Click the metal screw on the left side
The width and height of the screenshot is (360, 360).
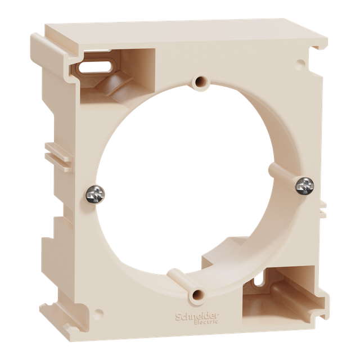(x=95, y=195)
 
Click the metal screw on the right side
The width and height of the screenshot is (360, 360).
(x=305, y=186)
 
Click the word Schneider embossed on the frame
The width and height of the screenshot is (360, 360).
(x=197, y=316)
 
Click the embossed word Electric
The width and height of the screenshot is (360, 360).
(x=206, y=322)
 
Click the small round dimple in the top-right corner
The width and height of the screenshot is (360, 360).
(x=300, y=62)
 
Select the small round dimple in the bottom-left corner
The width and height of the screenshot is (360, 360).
(x=99, y=313)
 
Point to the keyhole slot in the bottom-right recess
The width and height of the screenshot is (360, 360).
(x=259, y=280)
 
